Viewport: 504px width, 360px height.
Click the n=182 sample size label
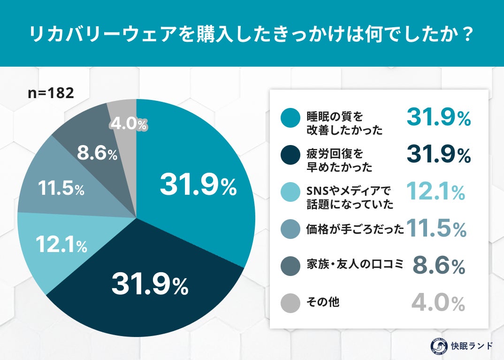click(x=51, y=93)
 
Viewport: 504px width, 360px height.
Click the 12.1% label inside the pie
click(x=61, y=245)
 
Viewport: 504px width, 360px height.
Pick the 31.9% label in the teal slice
click(x=198, y=186)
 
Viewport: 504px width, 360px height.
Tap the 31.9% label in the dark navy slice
click(x=149, y=285)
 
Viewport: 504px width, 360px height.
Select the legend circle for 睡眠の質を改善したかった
click(x=290, y=118)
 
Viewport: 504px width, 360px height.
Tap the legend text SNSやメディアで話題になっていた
click(x=344, y=197)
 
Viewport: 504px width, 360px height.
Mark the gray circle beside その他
click(x=290, y=303)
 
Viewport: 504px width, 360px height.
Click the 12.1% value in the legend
click(x=435, y=192)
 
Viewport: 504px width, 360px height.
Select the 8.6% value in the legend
click(x=439, y=266)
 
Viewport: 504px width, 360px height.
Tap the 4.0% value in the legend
click(x=438, y=303)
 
